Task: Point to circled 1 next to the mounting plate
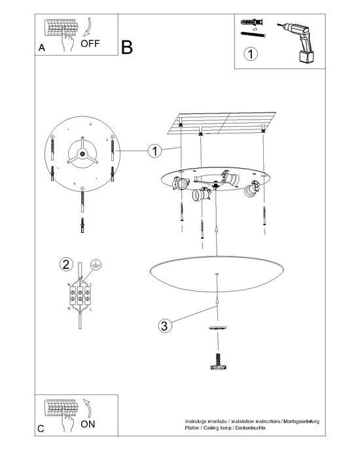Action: (154, 151)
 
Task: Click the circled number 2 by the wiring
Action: (65, 265)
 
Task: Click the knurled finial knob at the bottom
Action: (216, 362)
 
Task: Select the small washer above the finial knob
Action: (216, 326)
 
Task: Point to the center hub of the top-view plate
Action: (84, 154)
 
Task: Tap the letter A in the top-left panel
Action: (42, 48)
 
